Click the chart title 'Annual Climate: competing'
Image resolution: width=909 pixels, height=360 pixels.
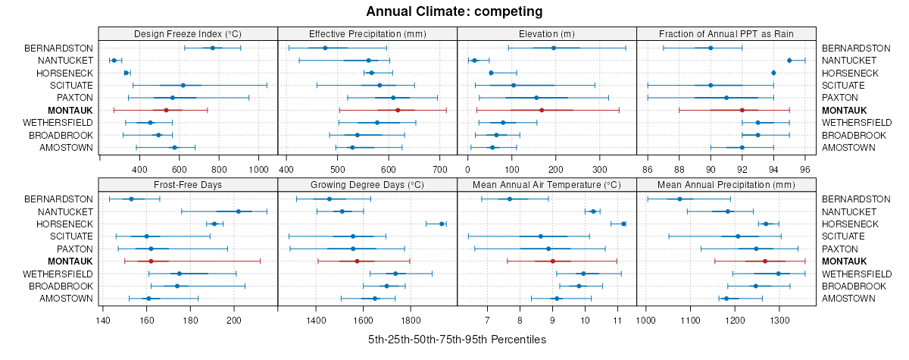point(454,11)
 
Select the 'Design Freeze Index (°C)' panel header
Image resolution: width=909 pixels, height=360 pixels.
point(188,33)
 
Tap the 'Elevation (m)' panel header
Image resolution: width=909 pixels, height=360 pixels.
point(547,33)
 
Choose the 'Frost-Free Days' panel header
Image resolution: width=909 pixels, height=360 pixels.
point(188,185)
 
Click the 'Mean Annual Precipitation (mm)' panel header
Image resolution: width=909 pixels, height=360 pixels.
point(726,185)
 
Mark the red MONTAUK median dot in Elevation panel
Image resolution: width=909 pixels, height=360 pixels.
point(542,110)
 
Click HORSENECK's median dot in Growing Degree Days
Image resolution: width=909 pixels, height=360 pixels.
point(442,224)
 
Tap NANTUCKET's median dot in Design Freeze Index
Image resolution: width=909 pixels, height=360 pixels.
point(114,60)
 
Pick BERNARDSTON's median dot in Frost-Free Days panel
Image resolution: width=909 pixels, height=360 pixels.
point(131,199)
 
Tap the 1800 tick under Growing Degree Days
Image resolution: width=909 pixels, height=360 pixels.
point(411,320)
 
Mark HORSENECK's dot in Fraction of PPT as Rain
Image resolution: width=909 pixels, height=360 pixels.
point(773,73)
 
